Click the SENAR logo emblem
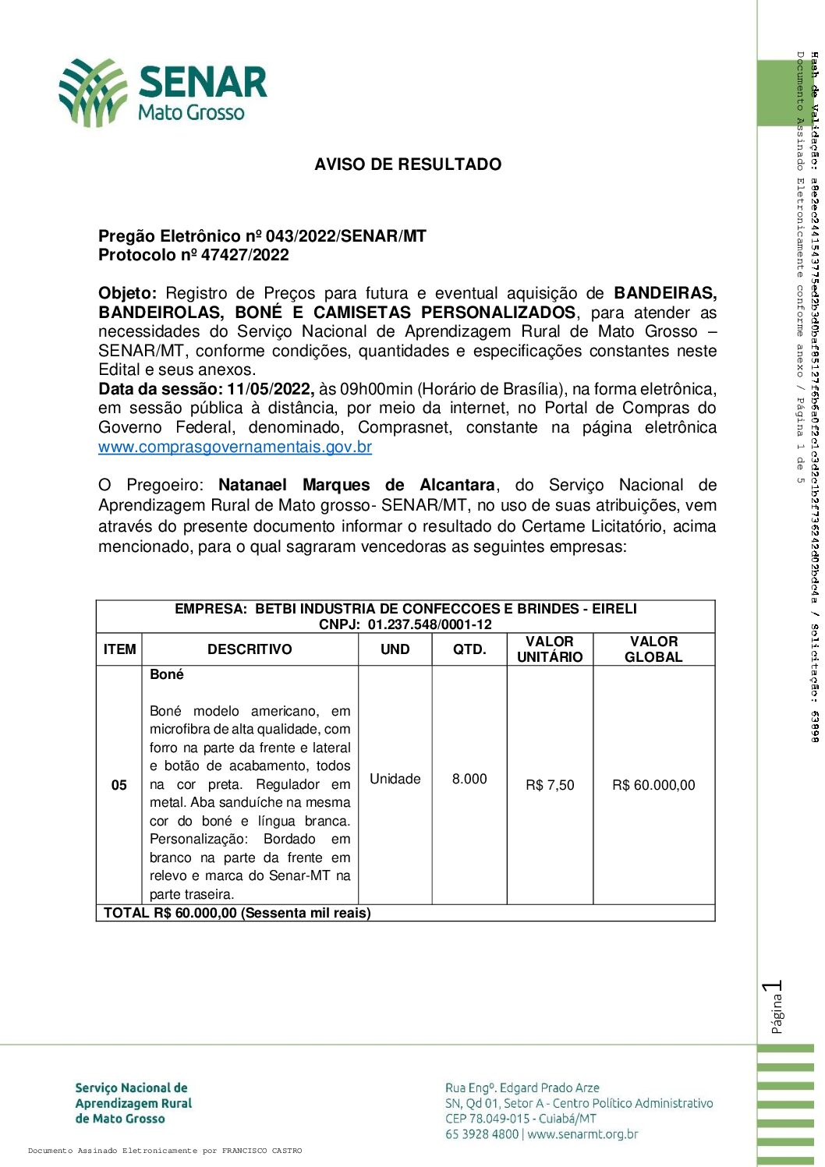pyautogui.click(x=93, y=93)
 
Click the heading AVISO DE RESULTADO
pyautogui.click(x=408, y=164)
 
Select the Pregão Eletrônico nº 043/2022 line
pyautogui.click(x=262, y=236)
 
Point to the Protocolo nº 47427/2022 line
pyautogui.click(x=193, y=255)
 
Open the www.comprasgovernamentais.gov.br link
pyautogui.click(x=235, y=447)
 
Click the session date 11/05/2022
pyautogui.click(x=270, y=389)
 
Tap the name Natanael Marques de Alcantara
pyautogui.click(x=356, y=485)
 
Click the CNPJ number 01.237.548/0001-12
pyautogui.click(x=430, y=624)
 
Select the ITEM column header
pyautogui.click(x=119, y=649)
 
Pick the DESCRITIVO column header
pyautogui.click(x=250, y=649)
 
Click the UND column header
pyautogui.click(x=395, y=649)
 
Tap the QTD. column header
pyautogui.click(x=469, y=649)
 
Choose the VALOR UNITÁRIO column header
pyautogui.click(x=550, y=649)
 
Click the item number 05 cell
pyautogui.click(x=119, y=785)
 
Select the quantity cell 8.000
pyautogui.click(x=469, y=779)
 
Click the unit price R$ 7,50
pyautogui.click(x=550, y=785)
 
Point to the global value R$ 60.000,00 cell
pyautogui.click(x=653, y=785)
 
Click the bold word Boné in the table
pyautogui.click(x=167, y=675)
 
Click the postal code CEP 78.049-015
pyautogui.click(x=487, y=1119)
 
